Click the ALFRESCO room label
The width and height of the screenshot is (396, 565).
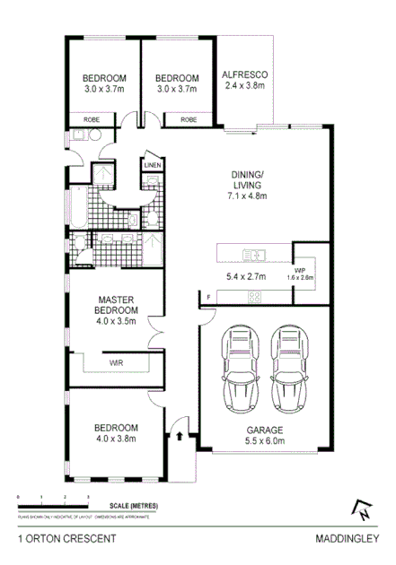pos(245,74)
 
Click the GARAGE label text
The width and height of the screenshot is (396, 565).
pos(265,429)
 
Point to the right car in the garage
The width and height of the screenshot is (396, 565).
pos(289,369)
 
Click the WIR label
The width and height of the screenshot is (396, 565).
pos(117,363)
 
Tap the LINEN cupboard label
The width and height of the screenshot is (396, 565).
pos(152,164)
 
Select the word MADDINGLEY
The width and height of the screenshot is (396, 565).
pos(346,541)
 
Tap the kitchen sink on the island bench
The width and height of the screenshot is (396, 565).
pos(254,252)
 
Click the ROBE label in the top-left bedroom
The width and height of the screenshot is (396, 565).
pos(92,119)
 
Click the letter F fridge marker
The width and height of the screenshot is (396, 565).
pos(208,296)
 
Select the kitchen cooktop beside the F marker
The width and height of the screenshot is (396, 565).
pos(254,296)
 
